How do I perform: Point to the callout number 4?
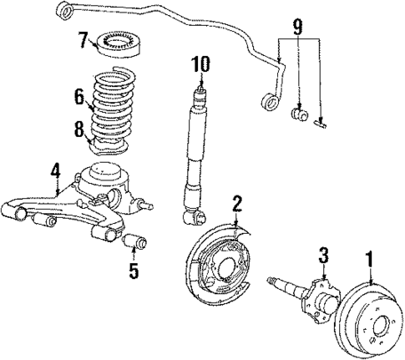[55, 172]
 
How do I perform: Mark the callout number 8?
[79, 129]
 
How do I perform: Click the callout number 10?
[200, 63]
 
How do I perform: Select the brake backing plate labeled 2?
[214, 266]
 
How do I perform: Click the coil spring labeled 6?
[117, 105]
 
